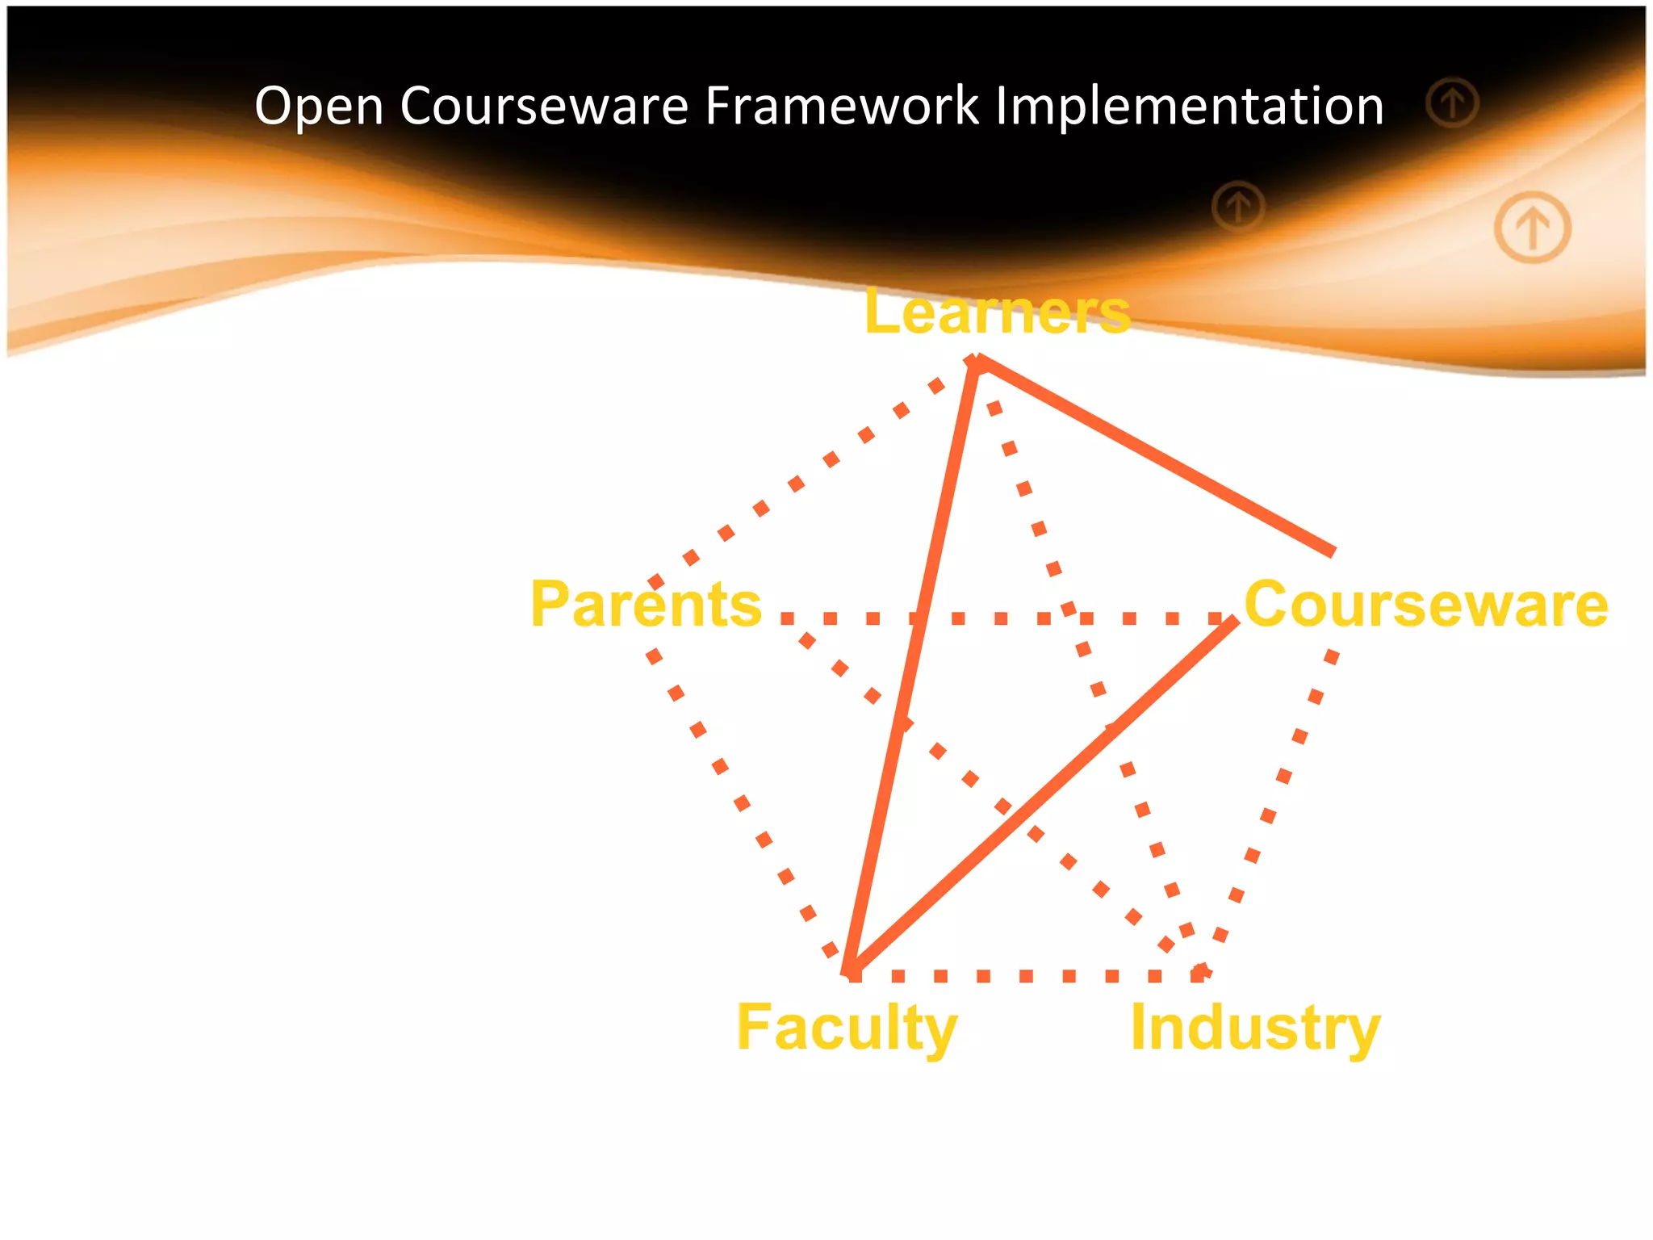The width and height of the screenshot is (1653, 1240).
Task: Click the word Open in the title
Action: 319,107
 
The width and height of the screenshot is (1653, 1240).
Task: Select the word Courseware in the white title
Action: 543,107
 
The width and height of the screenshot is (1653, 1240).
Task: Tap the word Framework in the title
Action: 841,107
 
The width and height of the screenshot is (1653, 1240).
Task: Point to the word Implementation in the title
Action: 1190,107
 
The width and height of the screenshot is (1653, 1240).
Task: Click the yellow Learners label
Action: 997,312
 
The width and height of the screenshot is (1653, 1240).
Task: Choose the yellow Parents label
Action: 646,605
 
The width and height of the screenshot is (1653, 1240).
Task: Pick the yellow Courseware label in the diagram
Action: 1426,605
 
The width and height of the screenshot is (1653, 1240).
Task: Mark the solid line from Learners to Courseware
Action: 1154,456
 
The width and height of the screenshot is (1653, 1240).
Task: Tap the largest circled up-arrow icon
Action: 1532,227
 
